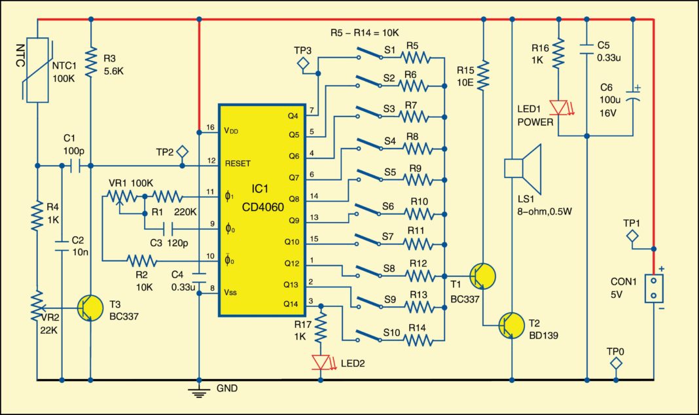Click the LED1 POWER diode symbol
click(x=558, y=107)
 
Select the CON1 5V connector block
click(x=653, y=288)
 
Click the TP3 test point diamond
click(x=303, y=63)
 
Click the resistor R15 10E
click(x=483, y=76)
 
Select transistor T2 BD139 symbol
click(x=511, y=325)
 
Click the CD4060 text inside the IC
click(x=260, y=202)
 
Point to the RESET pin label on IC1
click(x=238, y=162)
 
